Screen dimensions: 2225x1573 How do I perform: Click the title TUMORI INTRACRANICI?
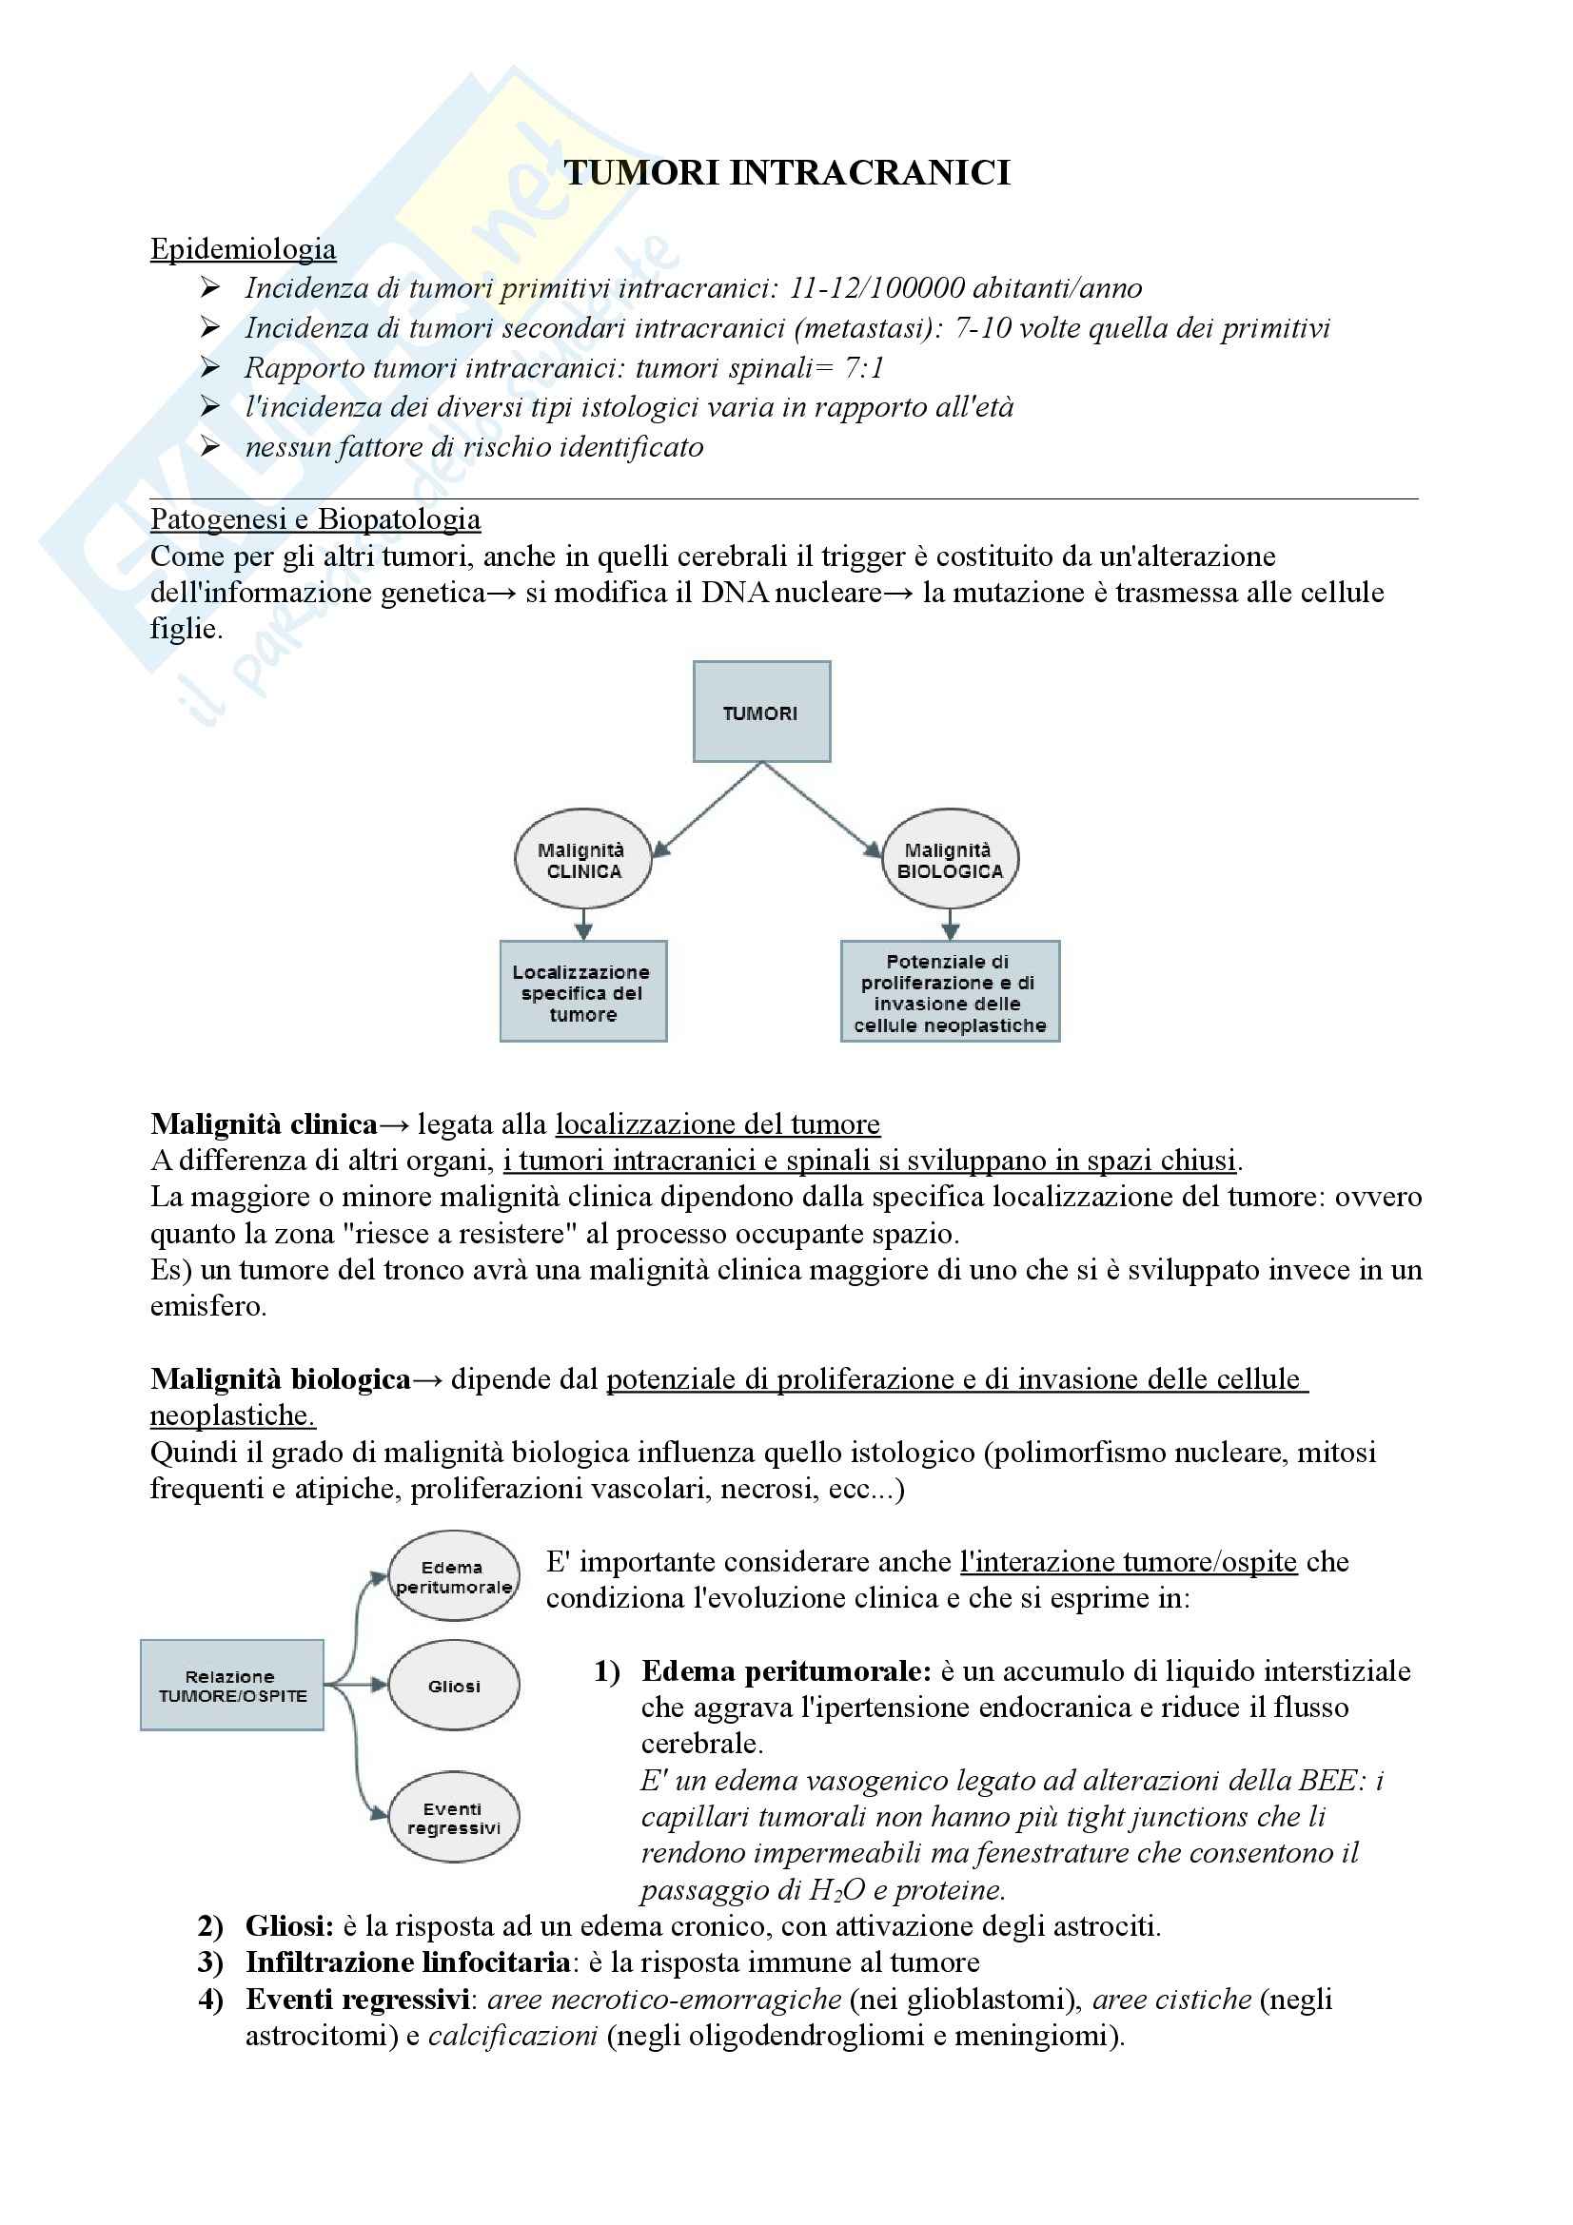tap(786, 172)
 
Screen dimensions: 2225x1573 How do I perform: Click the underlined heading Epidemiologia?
tap(243, 249)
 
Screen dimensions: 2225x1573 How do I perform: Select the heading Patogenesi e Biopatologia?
tap(315, 519)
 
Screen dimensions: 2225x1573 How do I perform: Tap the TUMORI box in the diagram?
tap(761, 712)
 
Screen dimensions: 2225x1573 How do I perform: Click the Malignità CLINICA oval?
tap(582, 860)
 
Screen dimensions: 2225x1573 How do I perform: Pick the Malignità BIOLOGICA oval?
tap(950, 860)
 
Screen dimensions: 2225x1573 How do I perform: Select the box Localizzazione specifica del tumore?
tap(582, 991)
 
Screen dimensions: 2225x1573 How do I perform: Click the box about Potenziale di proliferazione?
tap(950, 991)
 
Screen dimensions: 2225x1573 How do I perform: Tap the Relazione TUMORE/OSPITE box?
tap(231, 1686)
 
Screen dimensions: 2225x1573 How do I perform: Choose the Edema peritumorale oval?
tap(454, 1576)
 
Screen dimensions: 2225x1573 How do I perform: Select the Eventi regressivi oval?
tap(454, 1818)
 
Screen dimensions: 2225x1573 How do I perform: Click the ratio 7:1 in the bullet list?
tap(863, 368)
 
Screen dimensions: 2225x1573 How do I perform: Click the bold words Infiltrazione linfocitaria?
tap(407, 1962)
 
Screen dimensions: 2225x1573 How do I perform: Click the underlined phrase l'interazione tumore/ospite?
tap(1129, 1562)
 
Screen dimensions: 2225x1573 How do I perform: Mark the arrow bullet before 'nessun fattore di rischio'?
tap(210, 447)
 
